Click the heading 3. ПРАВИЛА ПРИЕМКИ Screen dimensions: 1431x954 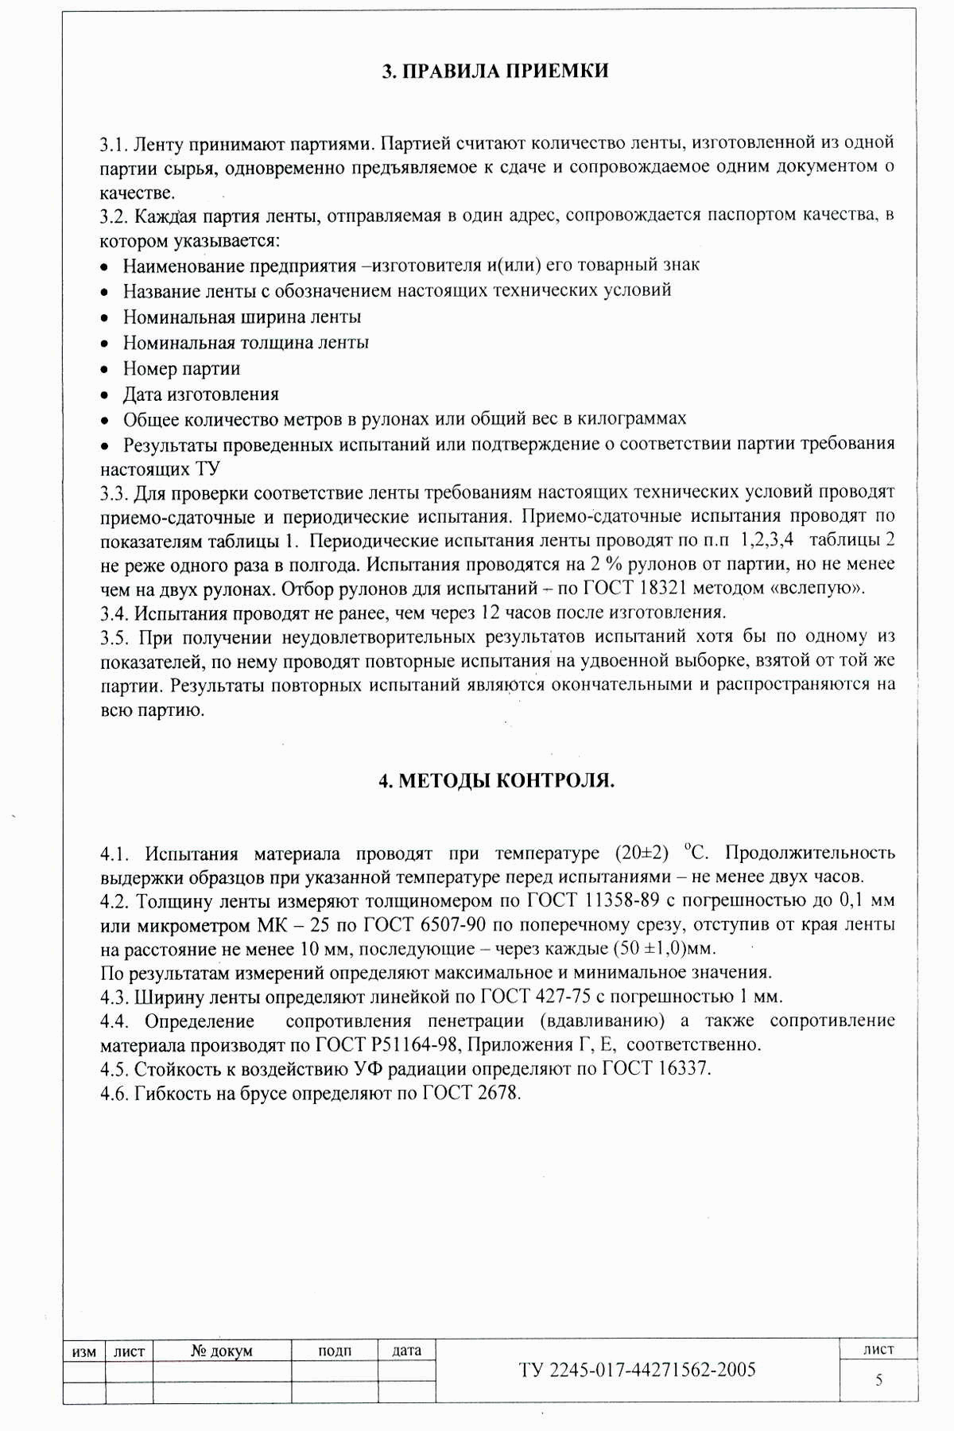coord(495,72)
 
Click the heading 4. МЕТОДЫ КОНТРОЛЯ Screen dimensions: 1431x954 coord(496,781)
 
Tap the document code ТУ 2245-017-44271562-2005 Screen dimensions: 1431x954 coord(637,1369)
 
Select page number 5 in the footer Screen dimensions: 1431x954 coord(878,1380)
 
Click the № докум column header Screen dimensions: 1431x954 coord(222,1351)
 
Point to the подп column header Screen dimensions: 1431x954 coord(335,1351)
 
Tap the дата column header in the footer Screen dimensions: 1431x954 coord(407,1351)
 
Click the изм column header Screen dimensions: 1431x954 coord(84,1351)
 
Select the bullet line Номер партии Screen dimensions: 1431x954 coord(181,369)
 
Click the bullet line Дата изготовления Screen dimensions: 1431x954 coord(200,395)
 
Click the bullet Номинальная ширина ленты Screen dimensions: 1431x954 coord(242,317)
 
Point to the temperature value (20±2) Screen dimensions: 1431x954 coord(642,854)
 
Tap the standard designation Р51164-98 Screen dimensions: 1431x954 coord(419,1045)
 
